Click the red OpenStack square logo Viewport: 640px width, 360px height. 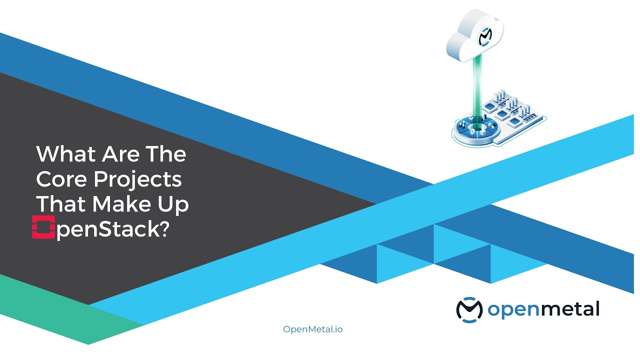(x=43, y=227)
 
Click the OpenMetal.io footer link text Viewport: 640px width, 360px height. (x=313, y=329)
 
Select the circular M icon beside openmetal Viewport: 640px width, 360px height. (x=469, y=309)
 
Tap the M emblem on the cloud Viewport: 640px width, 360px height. (x=484, y=37)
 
